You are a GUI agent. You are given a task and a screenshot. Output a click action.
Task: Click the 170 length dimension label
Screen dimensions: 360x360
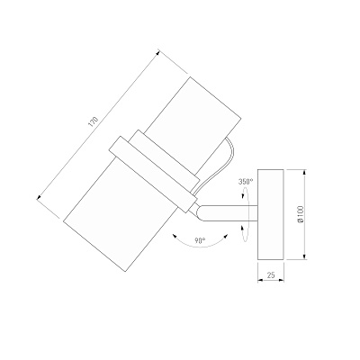pos(94,121)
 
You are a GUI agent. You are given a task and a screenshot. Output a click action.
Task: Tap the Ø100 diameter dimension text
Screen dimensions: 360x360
pos(301,214)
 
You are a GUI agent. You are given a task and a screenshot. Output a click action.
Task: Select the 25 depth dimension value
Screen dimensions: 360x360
pos(271,274)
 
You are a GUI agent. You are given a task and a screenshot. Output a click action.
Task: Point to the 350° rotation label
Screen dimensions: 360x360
pos(246,182)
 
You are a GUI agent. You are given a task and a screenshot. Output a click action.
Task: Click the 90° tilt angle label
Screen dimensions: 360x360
pos(200,240)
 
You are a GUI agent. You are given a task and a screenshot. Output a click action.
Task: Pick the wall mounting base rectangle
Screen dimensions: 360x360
pos(271,214)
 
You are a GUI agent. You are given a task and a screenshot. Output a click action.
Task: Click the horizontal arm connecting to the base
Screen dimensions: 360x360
pos(227,213)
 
